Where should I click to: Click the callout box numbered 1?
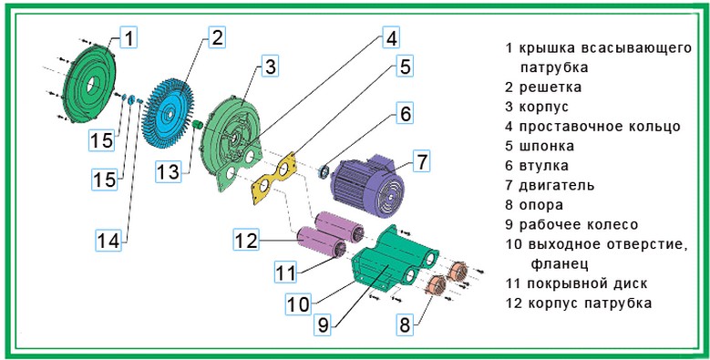click(129, 37)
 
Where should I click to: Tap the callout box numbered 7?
click(422, 161)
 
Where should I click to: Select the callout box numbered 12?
click(247, 240)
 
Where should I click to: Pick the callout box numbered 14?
click(108, 241)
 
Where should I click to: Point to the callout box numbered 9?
click(323, 324)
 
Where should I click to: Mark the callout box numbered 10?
click(298, 303)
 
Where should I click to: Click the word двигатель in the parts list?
click(557, 185)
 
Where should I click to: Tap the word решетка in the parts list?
click(551, 87)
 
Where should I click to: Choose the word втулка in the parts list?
click(544, 166)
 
